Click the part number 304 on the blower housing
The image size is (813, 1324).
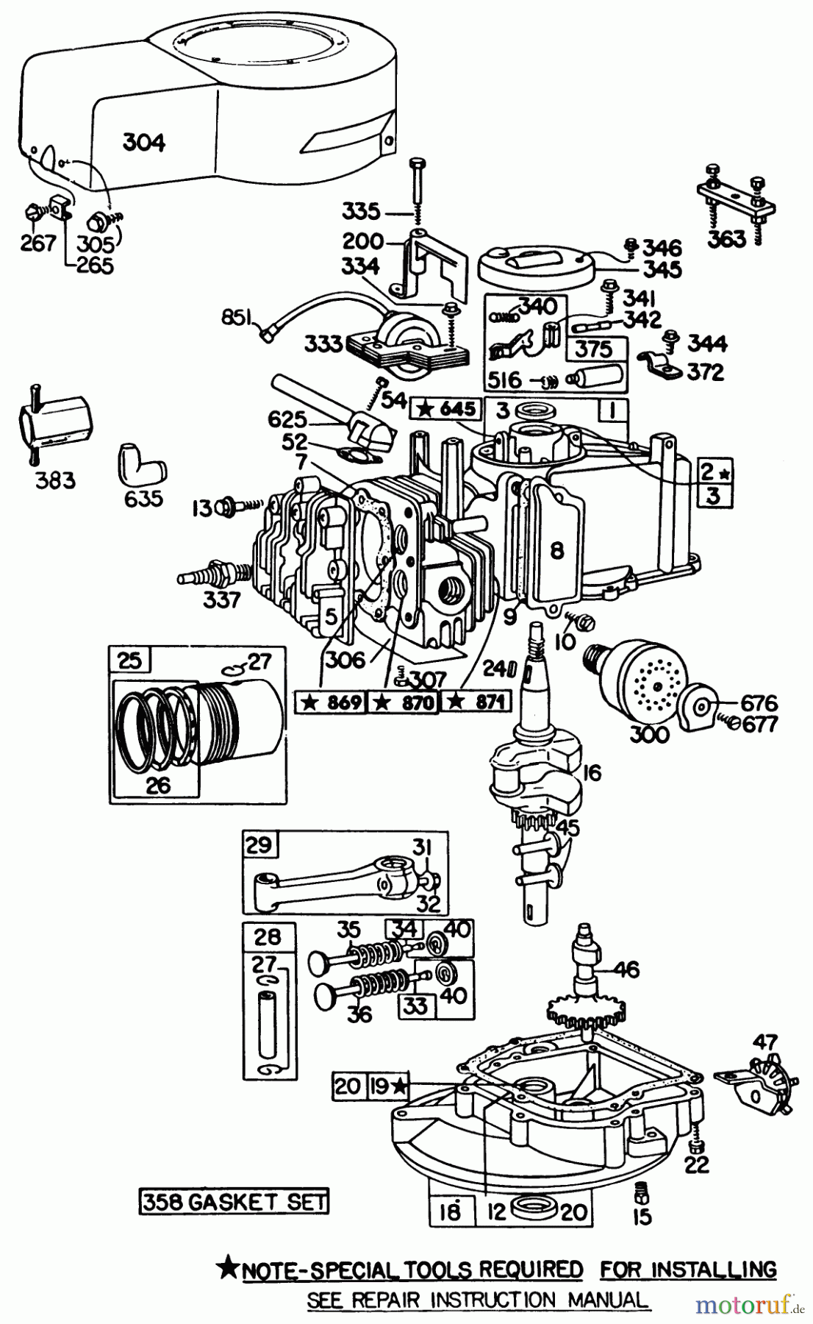pyautogui.click(x=144, y=141)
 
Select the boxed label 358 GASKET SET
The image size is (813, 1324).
pyautogui.click(x=234, y=1202)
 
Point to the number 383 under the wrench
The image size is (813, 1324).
pyautogui.click(x=56, y=481)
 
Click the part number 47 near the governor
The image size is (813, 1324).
pyautogui.click(x=764, y=1043)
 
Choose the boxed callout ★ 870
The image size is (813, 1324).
pyautogui.click(x=402, y=702)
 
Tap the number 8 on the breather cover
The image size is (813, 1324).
pyautogui.click(x=556, y=549)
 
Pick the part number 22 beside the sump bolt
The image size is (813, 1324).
pyautogui.click(x=698, y=1164)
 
